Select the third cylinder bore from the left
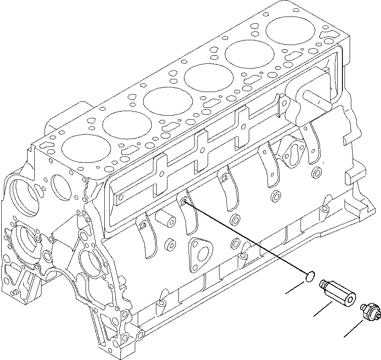[x=163, y=100]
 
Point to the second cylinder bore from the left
[x=122, y=123]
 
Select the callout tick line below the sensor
[x=353, y=329]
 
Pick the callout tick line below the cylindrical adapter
[x=323, y=308]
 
